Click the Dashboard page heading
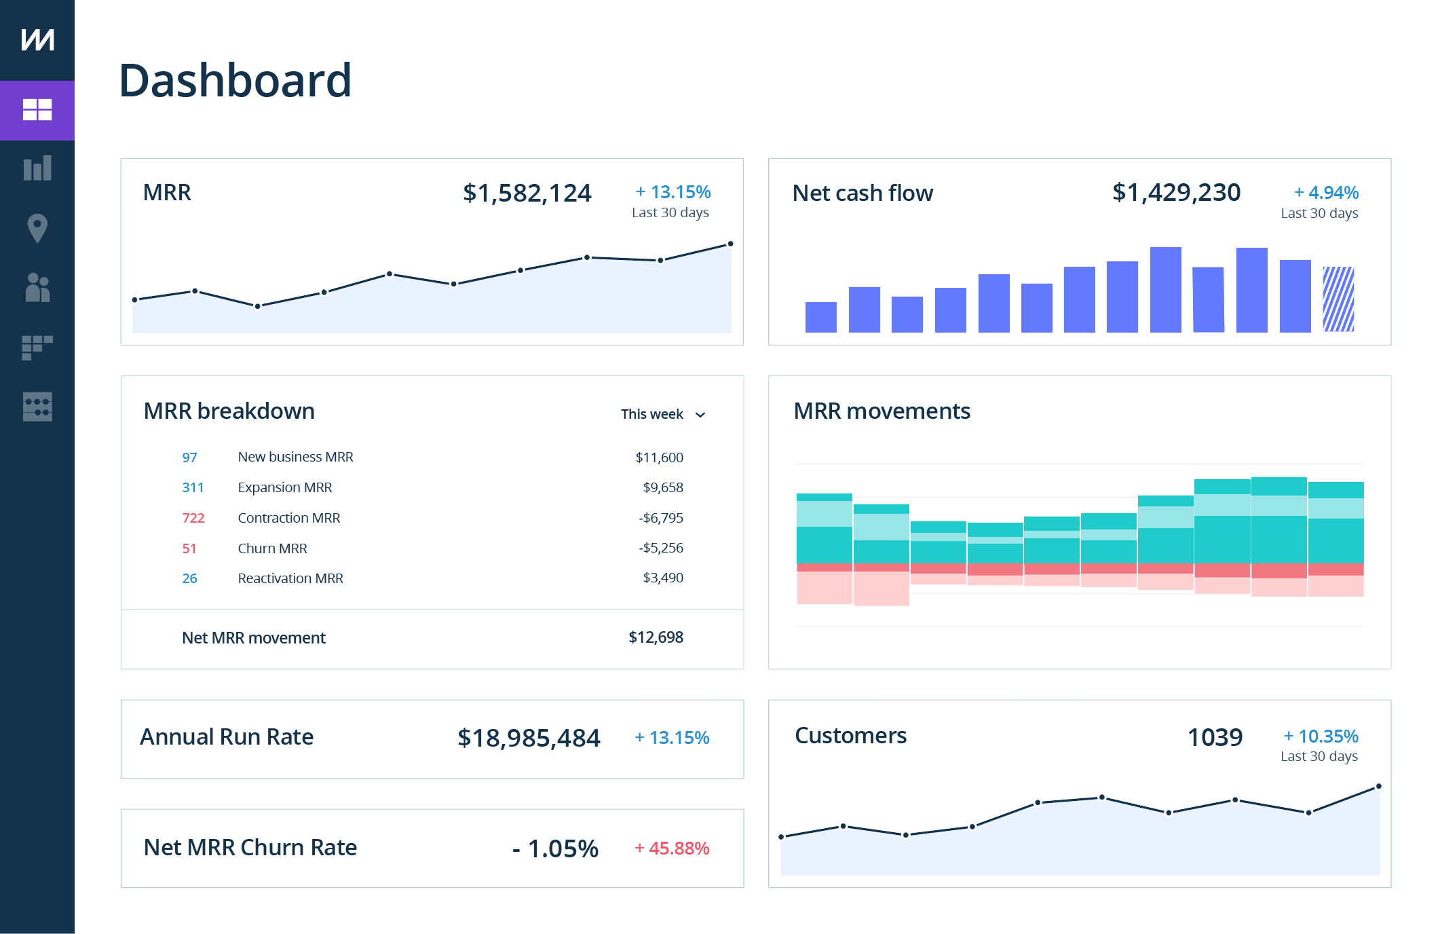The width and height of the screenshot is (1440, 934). point(235,81)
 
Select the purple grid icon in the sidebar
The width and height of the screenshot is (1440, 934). point(37,110)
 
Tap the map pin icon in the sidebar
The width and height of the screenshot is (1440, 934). point(37,228)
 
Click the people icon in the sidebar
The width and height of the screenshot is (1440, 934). point(37,288)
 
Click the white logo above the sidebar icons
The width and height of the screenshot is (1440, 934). point(37,39)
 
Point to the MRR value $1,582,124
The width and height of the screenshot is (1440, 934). point(527,193)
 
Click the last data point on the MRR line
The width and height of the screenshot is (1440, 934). point(730,244)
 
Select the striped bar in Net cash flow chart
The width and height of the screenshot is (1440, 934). point(1338,299)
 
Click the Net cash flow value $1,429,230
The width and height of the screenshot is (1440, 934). point(1176,193)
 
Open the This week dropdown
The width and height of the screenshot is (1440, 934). point(663,414)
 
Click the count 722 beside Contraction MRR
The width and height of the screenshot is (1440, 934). point(193,518)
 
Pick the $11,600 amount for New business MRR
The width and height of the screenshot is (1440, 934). point(659,457)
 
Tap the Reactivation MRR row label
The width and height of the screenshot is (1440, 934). point(290,578)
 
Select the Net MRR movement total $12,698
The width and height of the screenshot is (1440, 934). point(656,637)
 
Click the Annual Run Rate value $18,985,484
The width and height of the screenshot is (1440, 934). point(529,738)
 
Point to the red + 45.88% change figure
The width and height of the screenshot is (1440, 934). point(672,848)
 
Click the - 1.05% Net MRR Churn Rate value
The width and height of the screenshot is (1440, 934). point(555,848)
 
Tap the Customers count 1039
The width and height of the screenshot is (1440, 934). point(1215,738)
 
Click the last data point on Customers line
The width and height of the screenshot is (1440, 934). point(1378,787)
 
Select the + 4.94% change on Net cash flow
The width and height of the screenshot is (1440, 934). point(1326,193)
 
